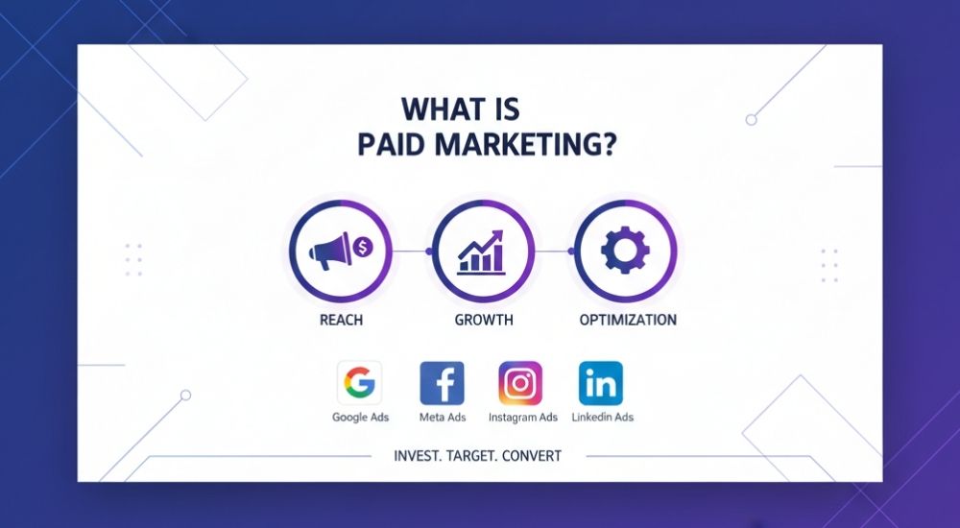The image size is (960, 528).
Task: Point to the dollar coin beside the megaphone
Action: pos(364,249)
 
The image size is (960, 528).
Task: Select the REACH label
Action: pos(340,320)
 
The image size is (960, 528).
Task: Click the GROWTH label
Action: pos(484,320)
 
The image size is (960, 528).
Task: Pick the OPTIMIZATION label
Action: pos(628,320)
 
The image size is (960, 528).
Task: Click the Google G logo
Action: pos(359,384)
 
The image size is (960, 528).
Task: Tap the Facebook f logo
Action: pos(443,384)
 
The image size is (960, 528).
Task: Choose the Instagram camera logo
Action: pos(520,384)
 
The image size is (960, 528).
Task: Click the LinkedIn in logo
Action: pos(601,384)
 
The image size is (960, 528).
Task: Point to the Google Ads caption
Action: pos(359,418)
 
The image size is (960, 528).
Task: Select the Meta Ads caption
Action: pos(443,418)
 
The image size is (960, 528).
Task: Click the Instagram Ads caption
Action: pos(522,418)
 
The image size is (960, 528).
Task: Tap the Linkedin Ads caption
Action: pos(602,418)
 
